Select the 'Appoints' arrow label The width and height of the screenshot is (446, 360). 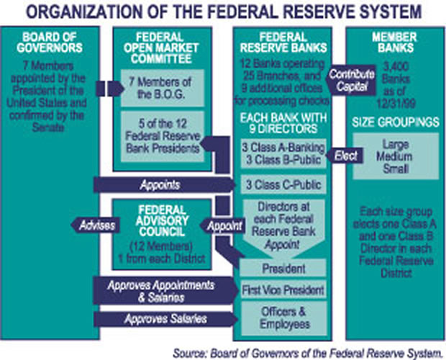[x=162, y=184]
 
